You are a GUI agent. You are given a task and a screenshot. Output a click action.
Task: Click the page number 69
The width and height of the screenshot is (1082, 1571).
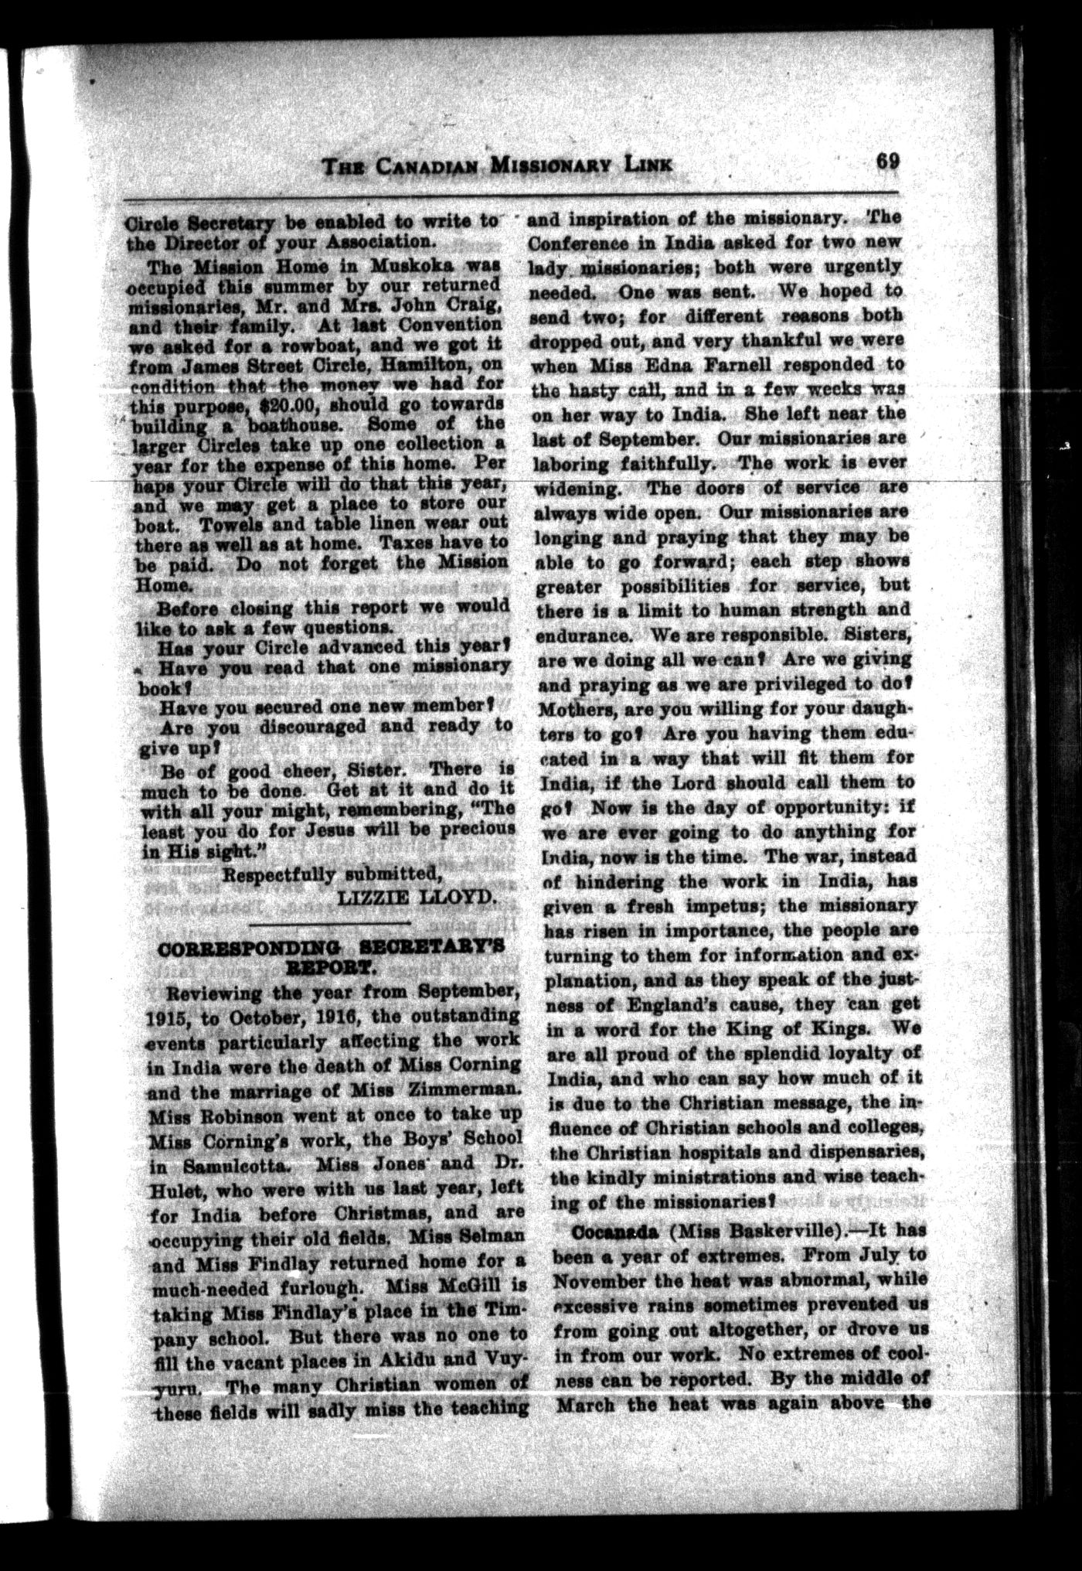(886, 162)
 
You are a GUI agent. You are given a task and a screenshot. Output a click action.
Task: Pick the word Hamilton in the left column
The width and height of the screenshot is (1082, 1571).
(426, 364)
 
